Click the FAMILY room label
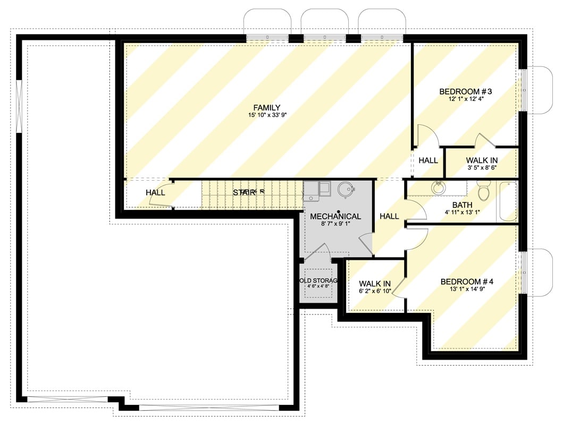pos(266,107)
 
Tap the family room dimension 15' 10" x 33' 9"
pos(266,115)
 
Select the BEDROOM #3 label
pos(461,91)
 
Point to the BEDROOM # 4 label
pos(467,282)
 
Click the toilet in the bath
pos(484,192)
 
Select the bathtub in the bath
pos(507,202)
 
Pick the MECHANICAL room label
pos(335,216)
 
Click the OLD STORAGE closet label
pos(318,280)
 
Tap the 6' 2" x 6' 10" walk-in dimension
pos(375,292)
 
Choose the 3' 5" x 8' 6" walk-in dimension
pos(482,168)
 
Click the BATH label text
pos(462,205)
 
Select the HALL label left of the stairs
pos(155,192)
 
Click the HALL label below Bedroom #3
pos(428,160)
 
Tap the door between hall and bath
pos(417,209)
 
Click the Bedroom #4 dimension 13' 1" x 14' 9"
pos(467,290)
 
